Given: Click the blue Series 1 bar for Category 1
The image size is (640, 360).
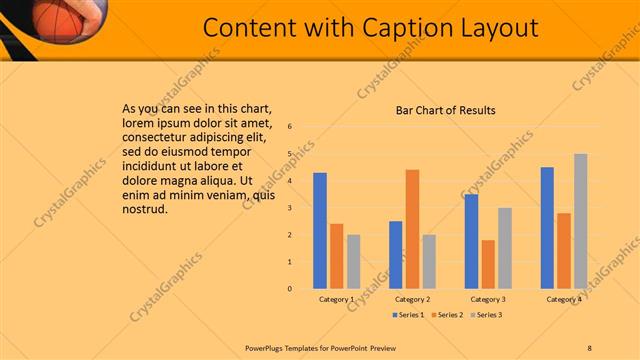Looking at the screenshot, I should [x=320, y=231].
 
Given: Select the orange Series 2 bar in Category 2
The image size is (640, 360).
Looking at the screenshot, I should [x=412, y=229].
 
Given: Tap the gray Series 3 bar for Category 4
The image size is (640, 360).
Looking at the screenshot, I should [x=581, y=221].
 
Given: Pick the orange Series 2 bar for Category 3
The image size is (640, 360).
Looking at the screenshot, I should [x=488, y=264].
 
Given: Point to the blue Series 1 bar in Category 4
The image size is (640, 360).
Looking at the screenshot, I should [x=547, y=228].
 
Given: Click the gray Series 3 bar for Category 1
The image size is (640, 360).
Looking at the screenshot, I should [x=354, y=262].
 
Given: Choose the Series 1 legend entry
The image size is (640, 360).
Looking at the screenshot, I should [x=407, y=315].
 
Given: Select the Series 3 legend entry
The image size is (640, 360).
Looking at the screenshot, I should [x=485, y=315].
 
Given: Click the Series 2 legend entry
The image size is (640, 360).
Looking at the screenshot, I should [x=446, y=315].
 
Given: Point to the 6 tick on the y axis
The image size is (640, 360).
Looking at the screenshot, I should [x=289, y=127].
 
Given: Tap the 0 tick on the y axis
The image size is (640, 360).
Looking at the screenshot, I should [x=289, y=289].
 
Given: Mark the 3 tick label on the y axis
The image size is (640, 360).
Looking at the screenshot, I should [x=289, y=208].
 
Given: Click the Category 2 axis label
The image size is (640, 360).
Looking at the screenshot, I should [x=412, y=299].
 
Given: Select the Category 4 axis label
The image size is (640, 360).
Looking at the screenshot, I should [x=564, y=299].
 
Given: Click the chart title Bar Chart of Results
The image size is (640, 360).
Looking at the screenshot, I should [x=445, y=110].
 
